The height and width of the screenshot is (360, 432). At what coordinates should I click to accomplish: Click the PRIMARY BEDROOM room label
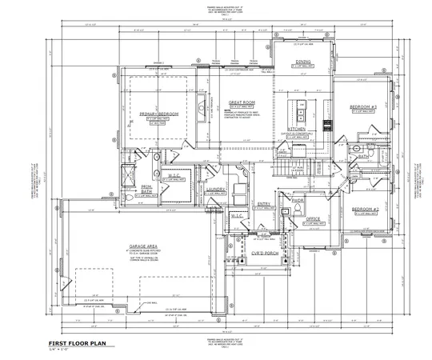point(158,114)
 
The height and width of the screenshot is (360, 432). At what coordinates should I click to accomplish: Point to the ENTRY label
point(263,204)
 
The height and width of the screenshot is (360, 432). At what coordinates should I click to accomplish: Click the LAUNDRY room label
point(214,189)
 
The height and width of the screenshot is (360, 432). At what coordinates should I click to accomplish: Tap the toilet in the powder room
point(298,209)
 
